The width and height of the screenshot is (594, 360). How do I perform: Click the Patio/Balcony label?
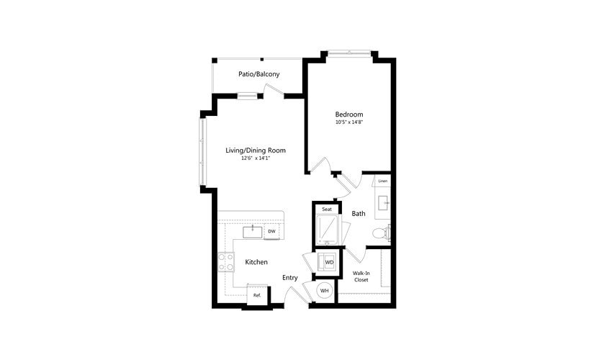point(258,74)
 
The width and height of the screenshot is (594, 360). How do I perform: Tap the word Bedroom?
point(348,114)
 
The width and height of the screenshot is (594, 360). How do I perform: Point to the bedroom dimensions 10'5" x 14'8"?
point(348,122)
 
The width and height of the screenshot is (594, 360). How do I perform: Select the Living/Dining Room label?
point(256,150)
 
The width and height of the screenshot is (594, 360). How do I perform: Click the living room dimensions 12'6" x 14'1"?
point(256,158)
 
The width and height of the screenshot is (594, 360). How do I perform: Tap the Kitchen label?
point(256,262)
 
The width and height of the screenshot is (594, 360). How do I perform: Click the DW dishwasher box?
point(271,232)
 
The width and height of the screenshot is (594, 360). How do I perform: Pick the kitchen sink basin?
point(253,232)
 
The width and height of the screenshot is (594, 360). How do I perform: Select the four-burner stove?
point(225,262)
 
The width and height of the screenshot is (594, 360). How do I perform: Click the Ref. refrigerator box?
point(256,295)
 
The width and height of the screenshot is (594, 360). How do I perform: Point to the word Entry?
point(290,278)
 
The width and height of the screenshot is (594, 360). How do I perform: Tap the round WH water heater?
point(324,291)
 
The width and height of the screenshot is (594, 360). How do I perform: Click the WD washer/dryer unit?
point(328,262)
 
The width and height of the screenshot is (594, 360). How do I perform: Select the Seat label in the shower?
point(327,209)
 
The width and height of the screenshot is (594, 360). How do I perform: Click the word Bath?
point(359,213)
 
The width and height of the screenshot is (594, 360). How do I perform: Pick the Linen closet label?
point(383,181)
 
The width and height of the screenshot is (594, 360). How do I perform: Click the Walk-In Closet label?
point(361,276)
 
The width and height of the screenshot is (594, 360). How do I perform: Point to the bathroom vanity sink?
point(383,202)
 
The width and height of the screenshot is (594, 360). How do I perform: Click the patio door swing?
point(273,90)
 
